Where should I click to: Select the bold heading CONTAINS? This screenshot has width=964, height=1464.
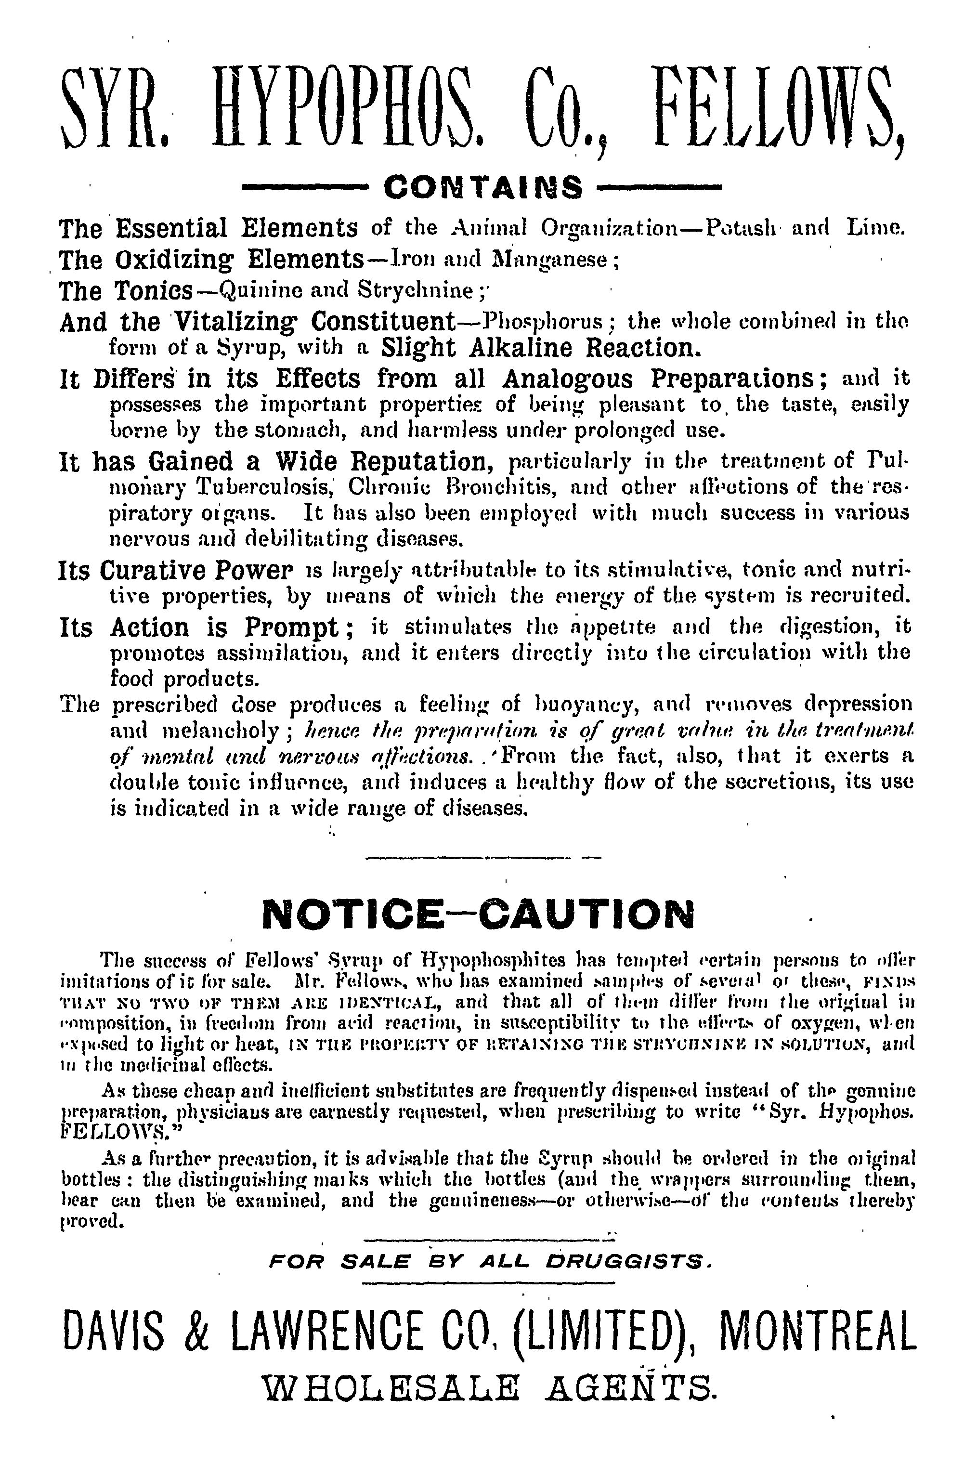tap(482, 188)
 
